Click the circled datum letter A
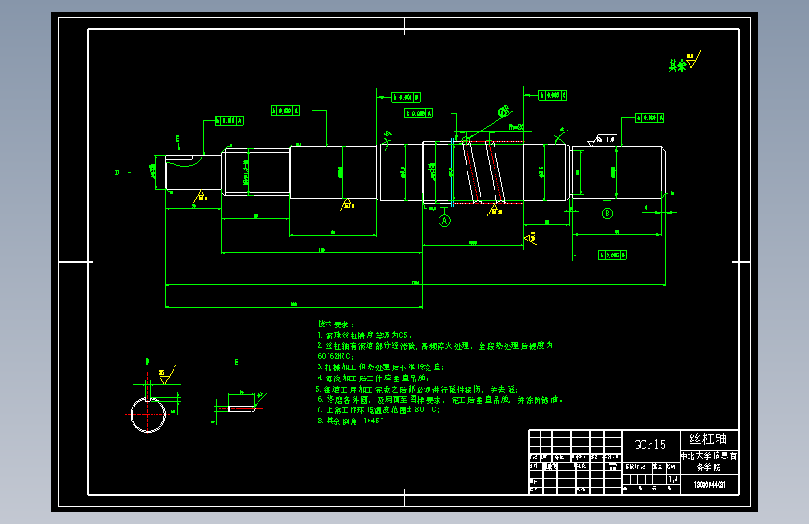click(x=445, y=221)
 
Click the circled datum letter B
click(x=607, y=214)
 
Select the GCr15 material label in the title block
click(x=649, y=445)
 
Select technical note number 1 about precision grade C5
click(x=366, y=334)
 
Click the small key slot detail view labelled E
click(x=242, y=407)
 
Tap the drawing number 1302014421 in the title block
click(x=710, y=485)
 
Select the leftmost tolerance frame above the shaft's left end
click(x=229, y=120)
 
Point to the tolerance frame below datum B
click(x=611, y=254)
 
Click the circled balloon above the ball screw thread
click(x=504, y=113)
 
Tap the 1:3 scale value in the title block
click(x=674, y=478)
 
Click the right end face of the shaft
click(x=663, y=172)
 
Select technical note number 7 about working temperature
click(x=378, y=410)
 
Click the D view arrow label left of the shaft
click(x=117, y=172)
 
